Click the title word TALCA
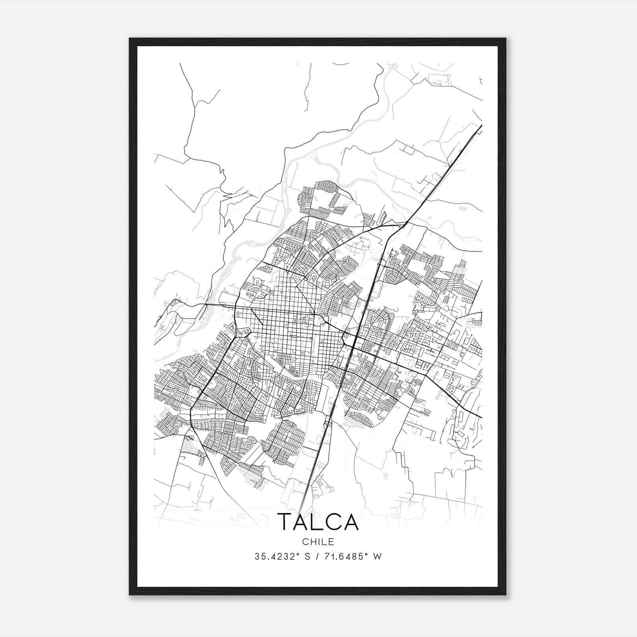point(318,522)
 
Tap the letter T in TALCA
point(286,522)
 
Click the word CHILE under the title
point(318,541)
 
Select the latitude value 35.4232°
point(277,557)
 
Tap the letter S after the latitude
point(308,557)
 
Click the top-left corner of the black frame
point(130,39)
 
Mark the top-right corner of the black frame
point(506,39)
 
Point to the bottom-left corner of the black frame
point(130,594)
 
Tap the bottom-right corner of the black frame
point(506,594)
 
